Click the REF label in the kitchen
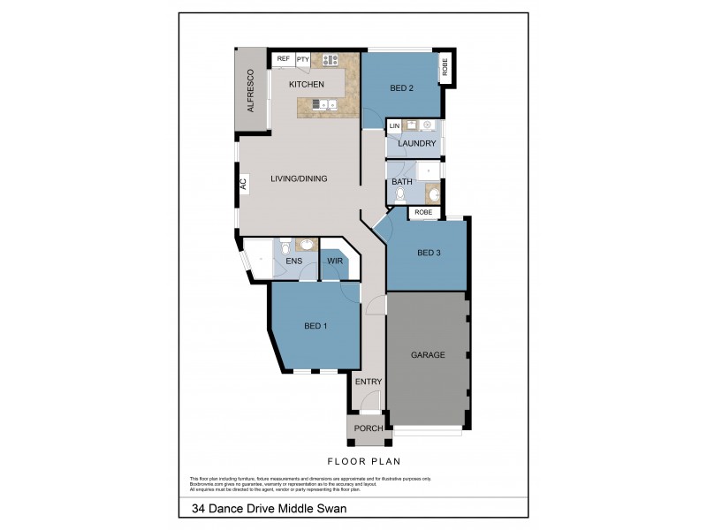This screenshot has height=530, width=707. tap(284, 59)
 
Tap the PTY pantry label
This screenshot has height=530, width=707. tap(302, 59)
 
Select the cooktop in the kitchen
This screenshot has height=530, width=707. tap(331, 60)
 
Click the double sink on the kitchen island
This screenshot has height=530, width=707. tap(323, 105)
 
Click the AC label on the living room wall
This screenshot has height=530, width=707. tap(243, 185)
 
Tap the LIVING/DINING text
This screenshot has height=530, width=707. tap(299, 178)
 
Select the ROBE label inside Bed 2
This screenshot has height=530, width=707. tap(445, 64)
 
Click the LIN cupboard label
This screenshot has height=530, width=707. tap(394, 126)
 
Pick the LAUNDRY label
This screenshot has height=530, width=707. tap(415, 143)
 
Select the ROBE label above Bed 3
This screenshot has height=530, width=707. tap(423, 213)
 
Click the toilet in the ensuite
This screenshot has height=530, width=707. tap(285, 248)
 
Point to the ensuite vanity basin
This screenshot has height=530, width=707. tap(305, 246)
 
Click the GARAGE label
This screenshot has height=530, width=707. tap(428, 355)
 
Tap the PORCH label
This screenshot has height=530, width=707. tap(369, 428)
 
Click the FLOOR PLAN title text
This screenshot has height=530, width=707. tap(364, 461)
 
